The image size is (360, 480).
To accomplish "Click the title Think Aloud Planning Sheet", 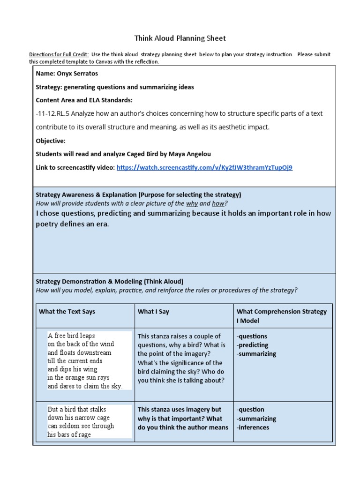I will pyautogui.click(x=180, y=38).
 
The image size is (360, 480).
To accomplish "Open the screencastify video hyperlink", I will pyautogui.click(x=204, y=167).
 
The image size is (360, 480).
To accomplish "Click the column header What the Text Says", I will pyautogui.click(x=67, y=311).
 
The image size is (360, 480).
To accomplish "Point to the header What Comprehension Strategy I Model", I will pyautogui.click(x=282, y=316).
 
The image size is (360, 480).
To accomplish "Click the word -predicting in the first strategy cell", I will pyautogui.click(x=252, y=345).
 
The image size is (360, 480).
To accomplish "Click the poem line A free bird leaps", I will pyautogui.click(x=71, y=336).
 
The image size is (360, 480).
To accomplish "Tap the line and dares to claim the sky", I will pyautogui.click(x=85, y=386).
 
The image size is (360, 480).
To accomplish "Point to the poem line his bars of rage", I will pyautogui.click(x=69, y=435).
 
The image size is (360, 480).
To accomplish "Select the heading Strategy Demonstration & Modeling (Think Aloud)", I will pyautogui.click(x=110, y=281).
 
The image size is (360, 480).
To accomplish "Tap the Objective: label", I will pyautogui.click(x=51, y=141).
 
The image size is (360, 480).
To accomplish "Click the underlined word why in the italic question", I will pyautogui.click(x=192, y=203).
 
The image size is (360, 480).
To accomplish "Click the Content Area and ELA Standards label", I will pyautogui.click(x=84, y=100).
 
